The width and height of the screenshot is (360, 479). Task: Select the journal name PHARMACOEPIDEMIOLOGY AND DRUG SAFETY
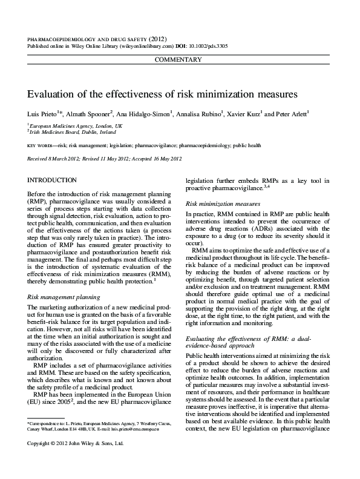[x=87, y=38]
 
